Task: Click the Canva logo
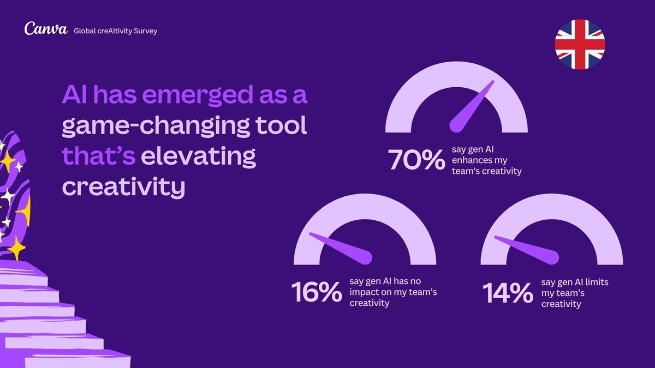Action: (45, 29)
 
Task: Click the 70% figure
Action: (416, 160)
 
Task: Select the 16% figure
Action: (316, 293)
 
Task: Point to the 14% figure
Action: (508, 293)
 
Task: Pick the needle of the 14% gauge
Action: (528, 247)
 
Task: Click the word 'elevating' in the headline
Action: (199, 156)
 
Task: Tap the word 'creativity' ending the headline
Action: (123, 187)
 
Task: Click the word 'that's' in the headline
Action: (99, 156)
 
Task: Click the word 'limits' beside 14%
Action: (597, 282)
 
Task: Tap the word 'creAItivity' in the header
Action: (110, 31)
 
